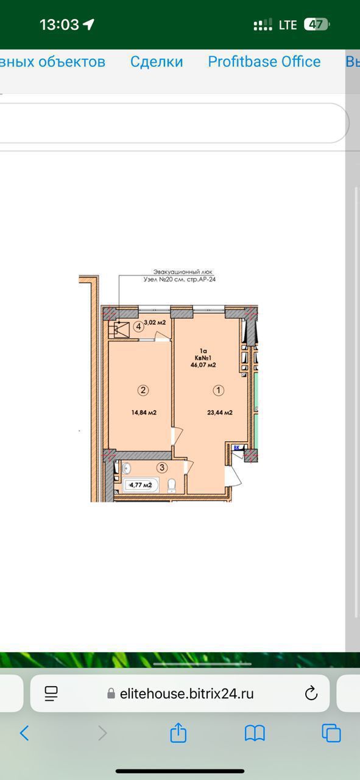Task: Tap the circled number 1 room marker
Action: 218,391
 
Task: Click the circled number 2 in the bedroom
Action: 143,390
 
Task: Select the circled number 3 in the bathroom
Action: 162,467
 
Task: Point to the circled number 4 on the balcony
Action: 139,327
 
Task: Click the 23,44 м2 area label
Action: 220,413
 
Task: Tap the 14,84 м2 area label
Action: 144,413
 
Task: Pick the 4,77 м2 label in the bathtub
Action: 141,484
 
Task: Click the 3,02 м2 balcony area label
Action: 155,322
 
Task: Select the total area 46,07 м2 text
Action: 203,365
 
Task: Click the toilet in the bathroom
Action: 172,486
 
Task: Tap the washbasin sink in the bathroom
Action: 125,468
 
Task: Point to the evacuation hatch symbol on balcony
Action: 119,330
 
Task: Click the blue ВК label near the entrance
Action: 237,447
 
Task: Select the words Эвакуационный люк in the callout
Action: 183,272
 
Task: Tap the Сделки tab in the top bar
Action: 157,62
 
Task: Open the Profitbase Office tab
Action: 264,62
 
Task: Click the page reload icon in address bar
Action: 311,693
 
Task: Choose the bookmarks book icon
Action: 255,732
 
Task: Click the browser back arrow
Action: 24,732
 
